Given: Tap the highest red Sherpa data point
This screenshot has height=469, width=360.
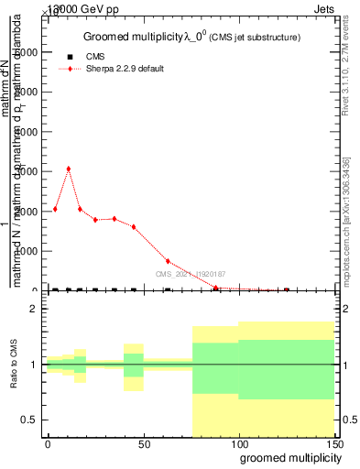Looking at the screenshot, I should coord(69,169).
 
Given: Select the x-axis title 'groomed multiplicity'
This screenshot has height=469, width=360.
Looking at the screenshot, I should coord(287,457).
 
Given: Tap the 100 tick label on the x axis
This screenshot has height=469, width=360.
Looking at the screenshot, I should coord(238,442).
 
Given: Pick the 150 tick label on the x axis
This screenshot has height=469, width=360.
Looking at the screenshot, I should coord(333,442).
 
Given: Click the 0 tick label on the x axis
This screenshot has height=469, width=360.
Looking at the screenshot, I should coord(48,442).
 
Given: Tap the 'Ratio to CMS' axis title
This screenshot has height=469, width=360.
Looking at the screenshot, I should coord(15,365).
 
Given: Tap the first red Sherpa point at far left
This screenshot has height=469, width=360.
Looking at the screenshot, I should coord(55,209).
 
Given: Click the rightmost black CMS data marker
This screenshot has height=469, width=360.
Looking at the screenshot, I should coord(287,290).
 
